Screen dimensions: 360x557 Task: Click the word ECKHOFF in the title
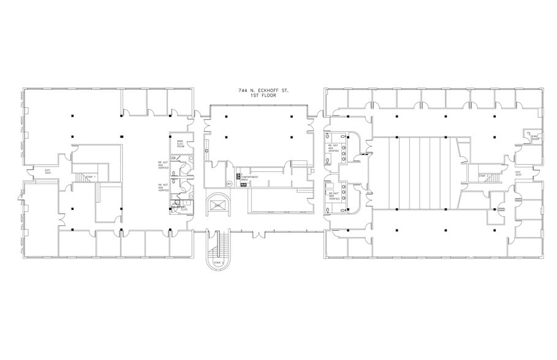point(267,91)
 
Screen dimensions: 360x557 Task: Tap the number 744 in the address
point(243,91)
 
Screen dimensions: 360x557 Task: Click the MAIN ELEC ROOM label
point(181,144)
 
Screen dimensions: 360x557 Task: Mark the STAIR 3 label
point(483,176)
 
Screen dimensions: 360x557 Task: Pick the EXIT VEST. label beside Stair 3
point(520,173)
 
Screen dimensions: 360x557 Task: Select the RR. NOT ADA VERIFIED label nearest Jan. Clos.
point(164,187)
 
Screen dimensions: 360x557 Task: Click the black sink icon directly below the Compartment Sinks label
point(243,184)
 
